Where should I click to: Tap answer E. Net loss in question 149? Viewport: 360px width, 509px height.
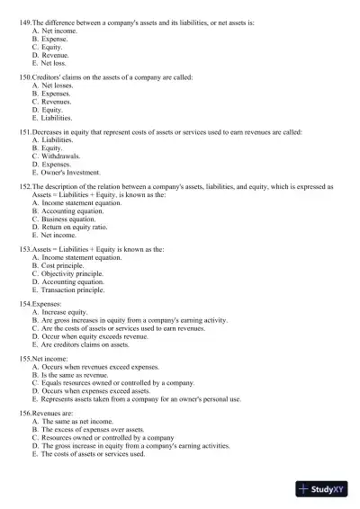(x=49, y=64)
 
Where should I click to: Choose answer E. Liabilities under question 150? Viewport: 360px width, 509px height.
(x=53, y=118)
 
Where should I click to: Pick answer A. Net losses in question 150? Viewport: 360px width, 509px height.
(x=53, y=85)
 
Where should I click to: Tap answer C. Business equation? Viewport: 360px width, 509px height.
(x=63, y=219)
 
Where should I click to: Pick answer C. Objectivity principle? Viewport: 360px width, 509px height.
(x=67, y=273)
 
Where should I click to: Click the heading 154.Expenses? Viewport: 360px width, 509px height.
(x=40, y=304)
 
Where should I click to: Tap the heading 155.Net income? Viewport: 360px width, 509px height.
(x=43, y=358)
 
